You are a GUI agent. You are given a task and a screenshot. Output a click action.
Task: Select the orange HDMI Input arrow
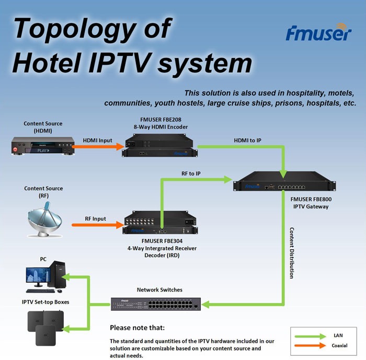click(x=96, y=147)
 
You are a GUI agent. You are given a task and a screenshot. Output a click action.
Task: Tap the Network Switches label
click(x=159, y=289)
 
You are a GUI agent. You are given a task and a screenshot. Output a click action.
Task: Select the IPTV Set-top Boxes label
click(x=45, y=302)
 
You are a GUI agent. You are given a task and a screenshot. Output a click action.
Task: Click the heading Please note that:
click(x=137, y=328)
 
